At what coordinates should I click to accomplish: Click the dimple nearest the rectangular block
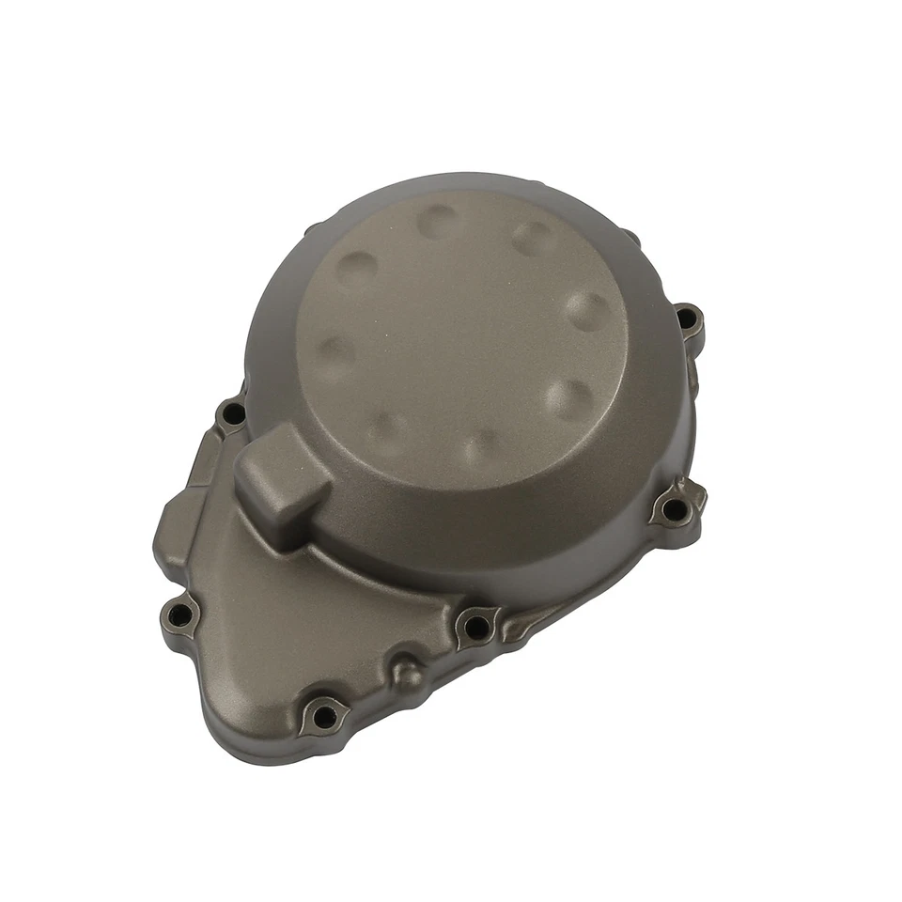(x=388, y=430)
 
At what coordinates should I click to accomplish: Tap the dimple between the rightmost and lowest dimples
(x=570, y=399)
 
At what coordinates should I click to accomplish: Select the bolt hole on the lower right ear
(x=672, y=509)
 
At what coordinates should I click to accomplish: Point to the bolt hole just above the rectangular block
(x=230, y=413)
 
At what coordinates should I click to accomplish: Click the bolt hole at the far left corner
(x=183, y=615)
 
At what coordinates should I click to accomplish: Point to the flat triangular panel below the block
(x=282, y=620)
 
